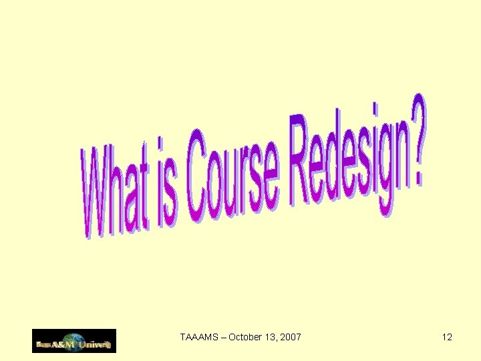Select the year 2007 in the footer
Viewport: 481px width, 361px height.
click(x=291, y=337)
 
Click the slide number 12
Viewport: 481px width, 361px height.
click(x=447, y=337)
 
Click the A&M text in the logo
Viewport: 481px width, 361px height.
click(x=64, y=346)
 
